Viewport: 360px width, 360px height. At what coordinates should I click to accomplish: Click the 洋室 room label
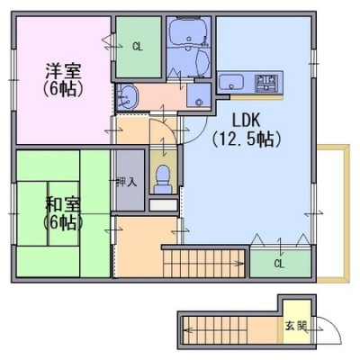tap(63, 71)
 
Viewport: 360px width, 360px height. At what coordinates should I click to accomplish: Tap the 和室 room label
tap(63, 204)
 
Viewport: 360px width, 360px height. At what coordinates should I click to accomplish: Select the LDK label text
tap(246, 121)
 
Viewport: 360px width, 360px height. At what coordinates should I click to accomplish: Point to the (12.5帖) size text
tap(246, 139)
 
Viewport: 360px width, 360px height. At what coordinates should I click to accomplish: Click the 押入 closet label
tap(127, 182)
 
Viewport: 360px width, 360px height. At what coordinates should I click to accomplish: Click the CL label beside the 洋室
tap(138, 47)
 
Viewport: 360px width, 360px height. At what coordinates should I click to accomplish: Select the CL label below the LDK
tap(279, 264)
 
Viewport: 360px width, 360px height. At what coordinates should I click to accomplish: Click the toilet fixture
tap(163, 179)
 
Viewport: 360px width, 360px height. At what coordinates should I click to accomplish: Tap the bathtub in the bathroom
tap(189, 31)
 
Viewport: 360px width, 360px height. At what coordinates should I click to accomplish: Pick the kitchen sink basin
tap(231, 82)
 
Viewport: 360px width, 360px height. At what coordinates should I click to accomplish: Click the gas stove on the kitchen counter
tap(266, 83)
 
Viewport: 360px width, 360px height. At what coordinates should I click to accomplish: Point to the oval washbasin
tap(130, 96)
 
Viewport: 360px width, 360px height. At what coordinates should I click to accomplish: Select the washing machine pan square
tap(198, 95)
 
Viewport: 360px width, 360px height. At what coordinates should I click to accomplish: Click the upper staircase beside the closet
tap(204, 263)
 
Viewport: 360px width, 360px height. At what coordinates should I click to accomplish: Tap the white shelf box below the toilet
tap(164, 205)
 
